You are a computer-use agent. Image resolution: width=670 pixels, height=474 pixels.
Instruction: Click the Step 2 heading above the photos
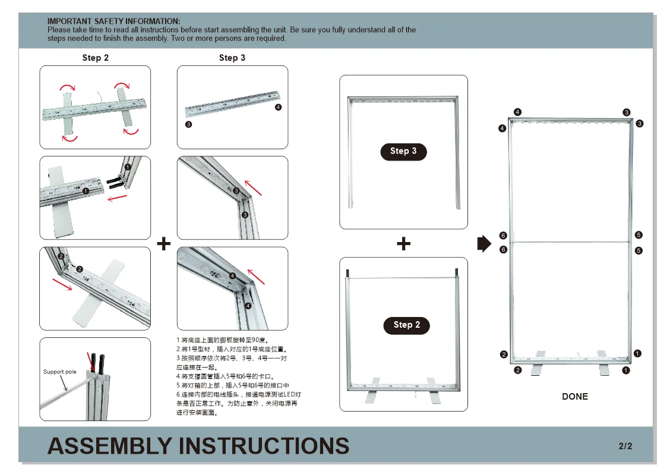coord(95,58)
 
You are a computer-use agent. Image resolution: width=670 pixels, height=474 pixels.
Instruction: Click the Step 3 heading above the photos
coord(232,58)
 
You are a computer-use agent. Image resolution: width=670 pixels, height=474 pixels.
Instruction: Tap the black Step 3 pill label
coord(403,151)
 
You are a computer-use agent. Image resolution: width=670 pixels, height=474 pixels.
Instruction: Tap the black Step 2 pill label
coord(406,325)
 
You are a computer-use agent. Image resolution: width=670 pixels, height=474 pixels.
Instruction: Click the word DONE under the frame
coord(574,397)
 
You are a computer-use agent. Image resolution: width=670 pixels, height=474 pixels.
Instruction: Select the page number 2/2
coord(625,446)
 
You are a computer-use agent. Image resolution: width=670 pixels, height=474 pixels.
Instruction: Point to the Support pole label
coord(60,372)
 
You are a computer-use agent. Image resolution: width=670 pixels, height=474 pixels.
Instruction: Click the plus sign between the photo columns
coord(163,243)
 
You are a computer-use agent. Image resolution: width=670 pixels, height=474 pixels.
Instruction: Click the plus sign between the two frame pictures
coord(403,243)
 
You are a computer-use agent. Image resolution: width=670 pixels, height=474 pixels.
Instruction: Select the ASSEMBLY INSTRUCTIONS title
coord(198,446)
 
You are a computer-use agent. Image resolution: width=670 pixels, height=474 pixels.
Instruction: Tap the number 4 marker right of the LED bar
coord(279,108)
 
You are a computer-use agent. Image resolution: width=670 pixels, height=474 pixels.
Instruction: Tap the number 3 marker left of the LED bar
coord(188,124)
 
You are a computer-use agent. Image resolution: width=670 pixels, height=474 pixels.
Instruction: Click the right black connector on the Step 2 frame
coord(457,272)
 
